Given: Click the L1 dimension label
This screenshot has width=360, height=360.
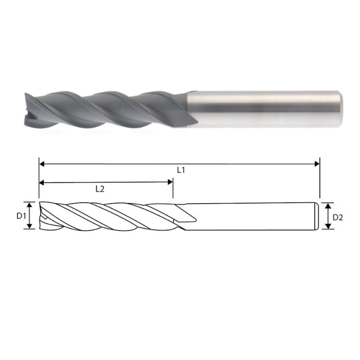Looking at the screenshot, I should point(181,169).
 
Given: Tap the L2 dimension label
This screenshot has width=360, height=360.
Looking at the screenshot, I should point(100,189).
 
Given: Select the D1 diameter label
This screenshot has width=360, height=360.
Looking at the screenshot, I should point(21,215).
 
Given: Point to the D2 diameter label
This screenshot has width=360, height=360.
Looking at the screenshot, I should point(338,217).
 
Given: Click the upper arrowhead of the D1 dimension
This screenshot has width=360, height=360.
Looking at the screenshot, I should point(30,205).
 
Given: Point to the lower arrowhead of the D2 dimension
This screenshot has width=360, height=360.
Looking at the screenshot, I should point(328,226).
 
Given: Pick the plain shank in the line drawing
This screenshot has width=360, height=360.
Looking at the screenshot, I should point(252,215).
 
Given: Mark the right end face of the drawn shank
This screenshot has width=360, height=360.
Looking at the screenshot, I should point(315,215).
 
